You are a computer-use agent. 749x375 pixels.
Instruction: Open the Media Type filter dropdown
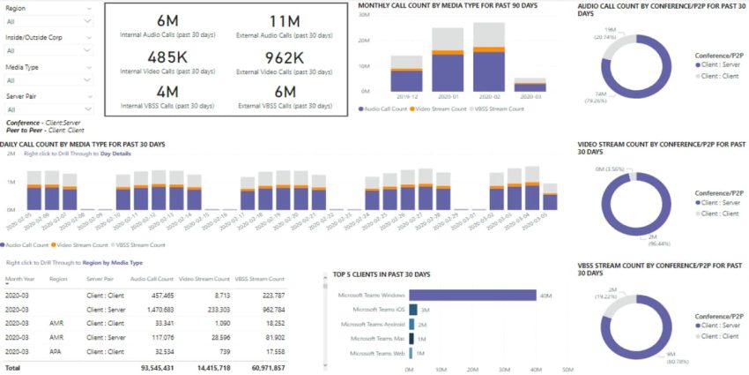click(x=48, y=79)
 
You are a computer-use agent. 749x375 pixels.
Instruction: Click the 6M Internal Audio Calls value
click(x=167, y=20)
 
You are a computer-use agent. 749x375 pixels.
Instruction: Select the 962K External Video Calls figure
click(x=285, y=58)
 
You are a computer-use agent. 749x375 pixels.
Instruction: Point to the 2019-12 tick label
click(x=407, y=96)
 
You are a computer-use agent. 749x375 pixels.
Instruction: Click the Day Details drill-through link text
click(x=119, y=154)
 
